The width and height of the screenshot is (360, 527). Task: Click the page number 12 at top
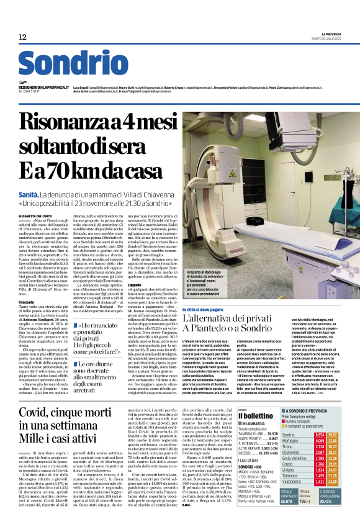(22, 37)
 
